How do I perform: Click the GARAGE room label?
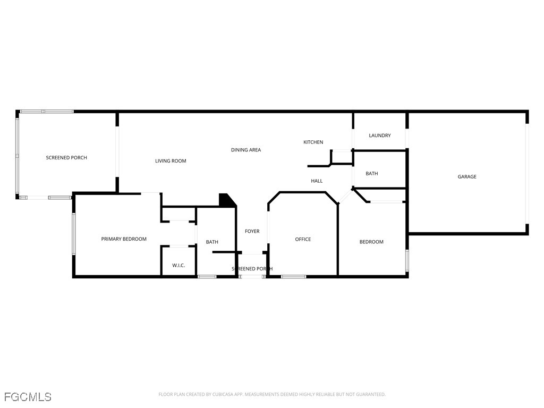[467, 177]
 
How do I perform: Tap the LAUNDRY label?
[380, 135]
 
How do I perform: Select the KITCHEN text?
[313, 142]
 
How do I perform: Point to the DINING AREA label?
[246, 150]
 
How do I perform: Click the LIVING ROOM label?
[171, 161]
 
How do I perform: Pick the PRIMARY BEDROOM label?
[124, 239]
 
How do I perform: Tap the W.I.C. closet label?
[178, 265]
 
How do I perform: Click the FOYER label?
[252, 231]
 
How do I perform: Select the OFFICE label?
[303, 239]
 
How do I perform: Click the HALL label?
[317, 181]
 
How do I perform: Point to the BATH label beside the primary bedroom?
[212, 242]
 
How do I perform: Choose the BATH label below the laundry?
[372, 174]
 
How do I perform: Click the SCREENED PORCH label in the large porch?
[66, 158]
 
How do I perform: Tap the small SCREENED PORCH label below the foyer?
[252, 269]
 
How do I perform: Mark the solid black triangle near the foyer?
[227, 201]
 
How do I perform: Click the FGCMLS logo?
[28, 397]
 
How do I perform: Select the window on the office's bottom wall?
[293, 276]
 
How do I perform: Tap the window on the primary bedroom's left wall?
[74, 234]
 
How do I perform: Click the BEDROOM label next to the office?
[371, 242]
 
